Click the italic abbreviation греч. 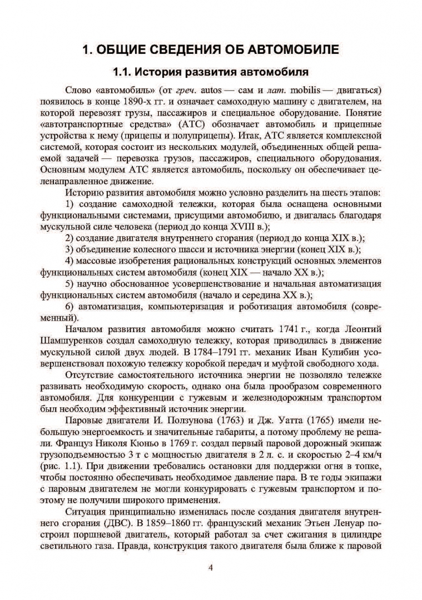pos(186,90)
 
